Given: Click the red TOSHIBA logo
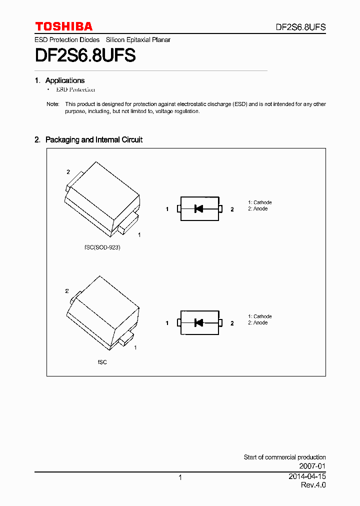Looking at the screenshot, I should pyautogui.click(x=63, y=26).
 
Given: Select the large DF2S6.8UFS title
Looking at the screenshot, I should pyautogui.click(x=85, y=55).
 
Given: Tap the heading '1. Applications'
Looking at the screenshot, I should pyautogui.click(x=60, y=80).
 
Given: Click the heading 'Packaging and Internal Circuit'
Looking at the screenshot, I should pyautogui.click(x=93, y=140).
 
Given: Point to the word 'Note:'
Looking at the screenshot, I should pyautogui.click(x=52, y=104).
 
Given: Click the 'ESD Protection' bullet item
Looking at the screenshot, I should pyautogui.click(x=75, y=89).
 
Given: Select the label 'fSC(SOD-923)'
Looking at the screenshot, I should pyautogui.click(x=102, y=247).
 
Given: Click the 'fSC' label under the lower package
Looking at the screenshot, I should pyautogui.click(x=102, y=361).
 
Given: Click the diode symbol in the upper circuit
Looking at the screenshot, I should pyautogui.click(x=198, y=209).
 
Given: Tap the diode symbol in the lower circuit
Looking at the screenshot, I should pyautogui.click(x=198, y=323).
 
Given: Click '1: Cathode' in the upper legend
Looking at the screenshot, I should pyautogui.click(x=259, y=202).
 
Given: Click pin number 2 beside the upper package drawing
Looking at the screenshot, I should pyautogui.click(x=68, y=172).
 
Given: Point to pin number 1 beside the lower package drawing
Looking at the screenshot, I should pyautogui.click(x=135, y=347).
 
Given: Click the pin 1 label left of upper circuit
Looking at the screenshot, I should pyautogui.click(x=167, y=209).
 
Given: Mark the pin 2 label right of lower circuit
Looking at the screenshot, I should pyautogui.click(x=232, y=323).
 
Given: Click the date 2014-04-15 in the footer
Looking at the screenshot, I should pyautogui.click(x=307, y=476).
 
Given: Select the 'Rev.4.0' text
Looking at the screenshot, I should pyautogui.click(x=313, y=485).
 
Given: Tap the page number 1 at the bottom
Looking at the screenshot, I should pyautogui.click(x=180, y=477).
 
